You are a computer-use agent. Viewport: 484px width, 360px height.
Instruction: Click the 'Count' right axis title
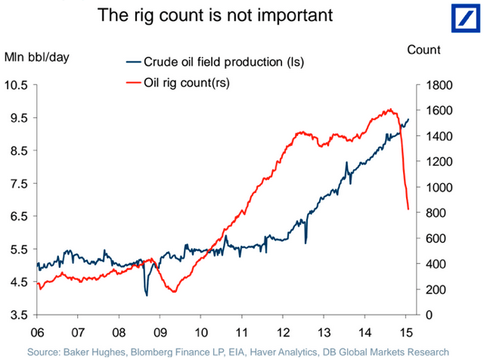[423, 50]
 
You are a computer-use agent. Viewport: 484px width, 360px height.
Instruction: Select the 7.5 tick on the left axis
[18, 184]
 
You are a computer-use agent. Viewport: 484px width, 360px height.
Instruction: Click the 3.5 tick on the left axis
[18, 315]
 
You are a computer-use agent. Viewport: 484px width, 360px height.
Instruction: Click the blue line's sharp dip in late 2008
[146, 294]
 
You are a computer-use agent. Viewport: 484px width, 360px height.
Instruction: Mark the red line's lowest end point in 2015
[408, 209]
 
